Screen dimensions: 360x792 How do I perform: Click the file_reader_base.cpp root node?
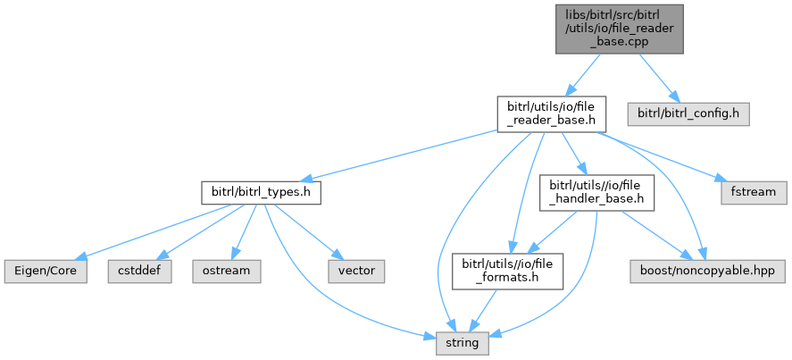point(620,28)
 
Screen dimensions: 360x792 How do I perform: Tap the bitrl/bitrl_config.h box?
point(687,113)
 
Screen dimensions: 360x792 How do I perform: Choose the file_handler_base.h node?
point(596,191)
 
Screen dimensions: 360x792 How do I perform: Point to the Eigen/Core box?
point(46,270)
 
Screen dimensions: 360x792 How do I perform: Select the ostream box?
point(226,270)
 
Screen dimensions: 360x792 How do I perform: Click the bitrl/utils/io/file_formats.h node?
point(507,270)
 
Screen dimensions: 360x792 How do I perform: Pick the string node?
point(463,341)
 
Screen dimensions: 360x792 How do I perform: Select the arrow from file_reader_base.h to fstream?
point(665,158)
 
